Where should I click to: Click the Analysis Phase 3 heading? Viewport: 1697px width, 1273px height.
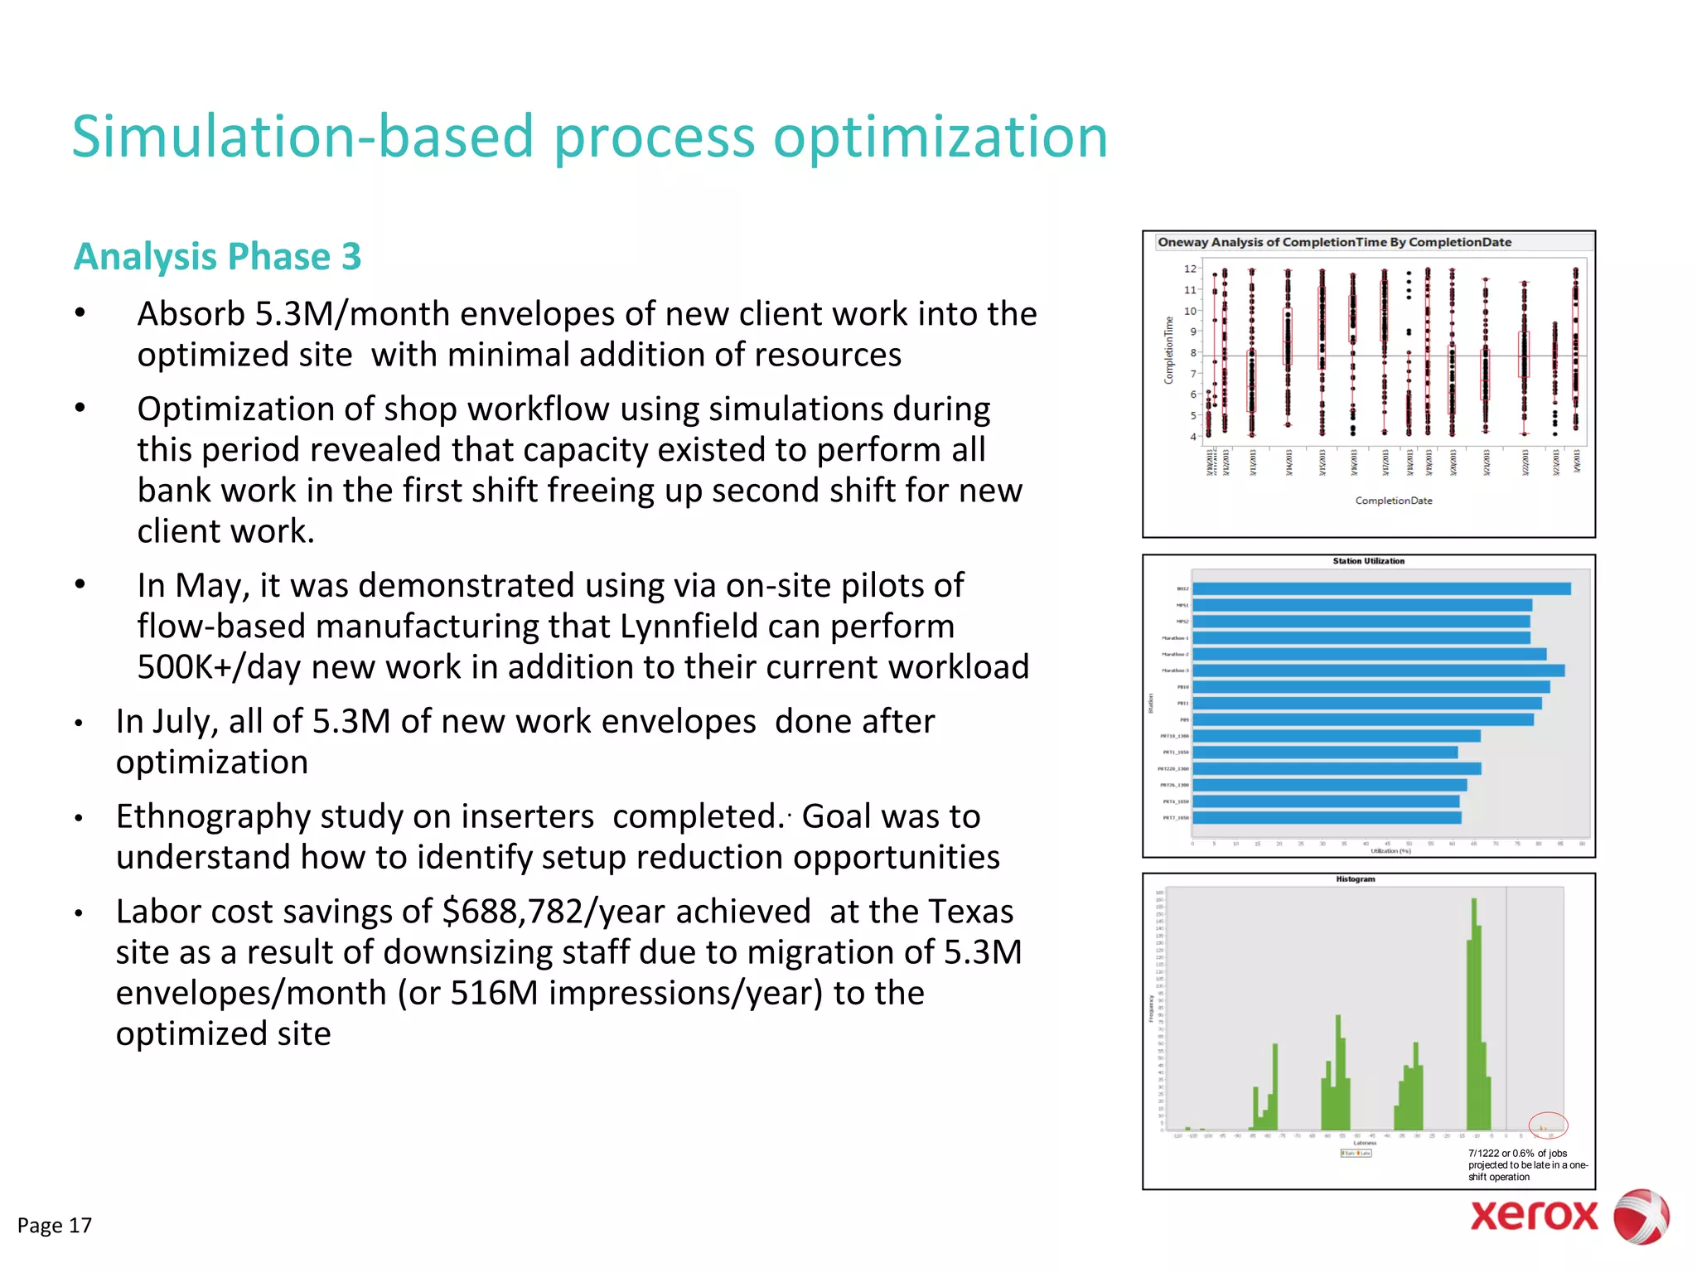[x=217, y=256]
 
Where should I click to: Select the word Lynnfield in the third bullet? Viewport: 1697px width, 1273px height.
[x=689, y=627]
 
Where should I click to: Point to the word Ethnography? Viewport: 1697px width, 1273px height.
[x=213, y=817]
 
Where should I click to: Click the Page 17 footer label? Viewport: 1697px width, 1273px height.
[x=55, y=1225]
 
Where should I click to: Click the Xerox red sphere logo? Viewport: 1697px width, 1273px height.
[x=1640, y=1216]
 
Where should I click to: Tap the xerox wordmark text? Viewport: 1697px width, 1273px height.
[x=1534, y=1216]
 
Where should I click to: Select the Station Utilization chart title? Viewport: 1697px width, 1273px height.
[x=1368, y=561]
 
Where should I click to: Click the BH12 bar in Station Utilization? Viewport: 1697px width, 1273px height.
[x=1380, y=589]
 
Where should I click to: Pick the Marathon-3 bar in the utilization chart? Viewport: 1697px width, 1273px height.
[x=1377, y=670]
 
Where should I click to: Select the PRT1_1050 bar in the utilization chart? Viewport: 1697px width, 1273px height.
[x=1324, y=753]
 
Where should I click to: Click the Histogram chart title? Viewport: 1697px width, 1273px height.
[x=1355, y=879]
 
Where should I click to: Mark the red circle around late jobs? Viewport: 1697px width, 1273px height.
[x=1548, y=1125]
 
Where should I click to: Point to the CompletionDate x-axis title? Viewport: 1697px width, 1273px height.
[x=1393, y=501]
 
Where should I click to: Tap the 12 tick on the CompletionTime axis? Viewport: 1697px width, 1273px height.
[x=1189, y=269]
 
